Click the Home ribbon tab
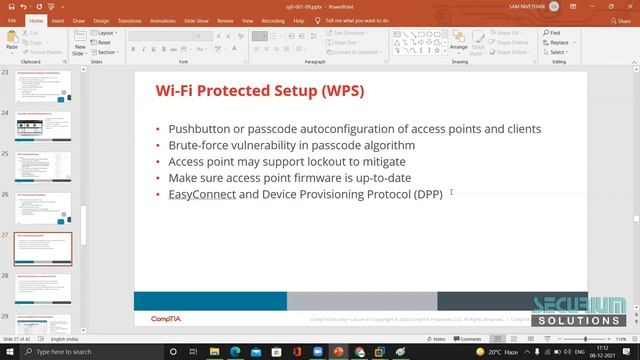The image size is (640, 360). click(37, 19)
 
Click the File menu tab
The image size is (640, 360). click(12, 19)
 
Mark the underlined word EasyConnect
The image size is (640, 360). click(202, 193)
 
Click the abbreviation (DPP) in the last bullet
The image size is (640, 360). click(426, 193)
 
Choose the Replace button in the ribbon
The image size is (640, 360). click(558, 42)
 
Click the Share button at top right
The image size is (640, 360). click(621, 19)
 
